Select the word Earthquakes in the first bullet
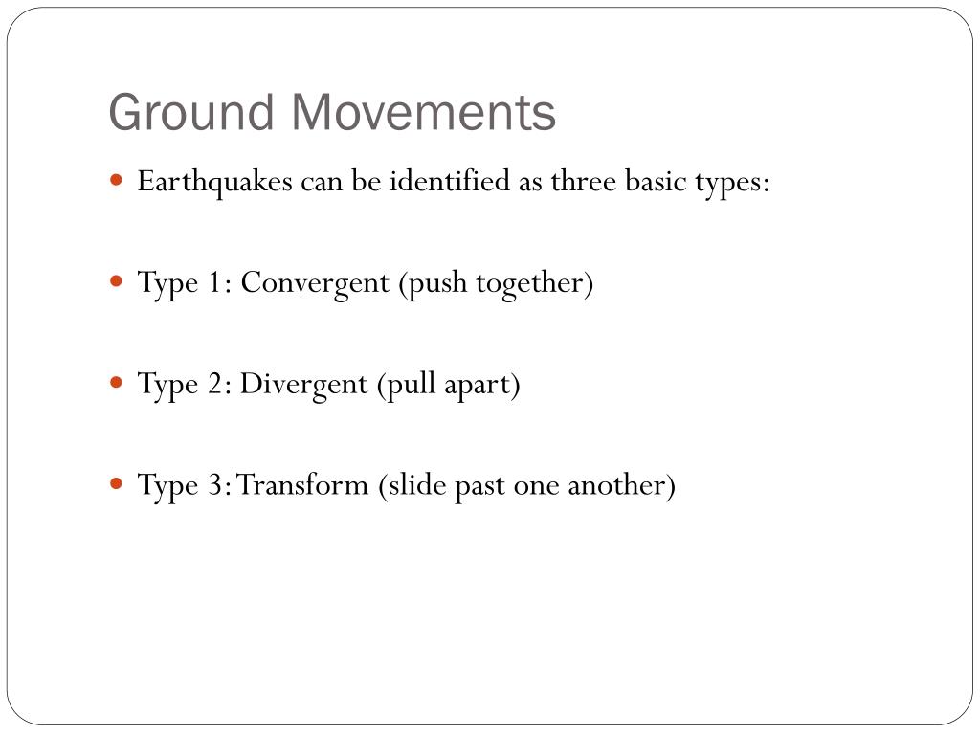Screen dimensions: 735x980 point(214,182)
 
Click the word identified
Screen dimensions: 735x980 point(450,181)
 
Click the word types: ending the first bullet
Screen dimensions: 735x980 point(732,183)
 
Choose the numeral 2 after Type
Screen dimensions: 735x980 point(219,385)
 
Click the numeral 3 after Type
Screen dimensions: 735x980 point(219,485)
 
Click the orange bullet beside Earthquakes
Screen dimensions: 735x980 point(117,180)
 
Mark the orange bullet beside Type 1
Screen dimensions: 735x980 point(117,281)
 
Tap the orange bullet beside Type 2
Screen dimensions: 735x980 point(117,383)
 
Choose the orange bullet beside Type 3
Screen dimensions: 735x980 point(117,483)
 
